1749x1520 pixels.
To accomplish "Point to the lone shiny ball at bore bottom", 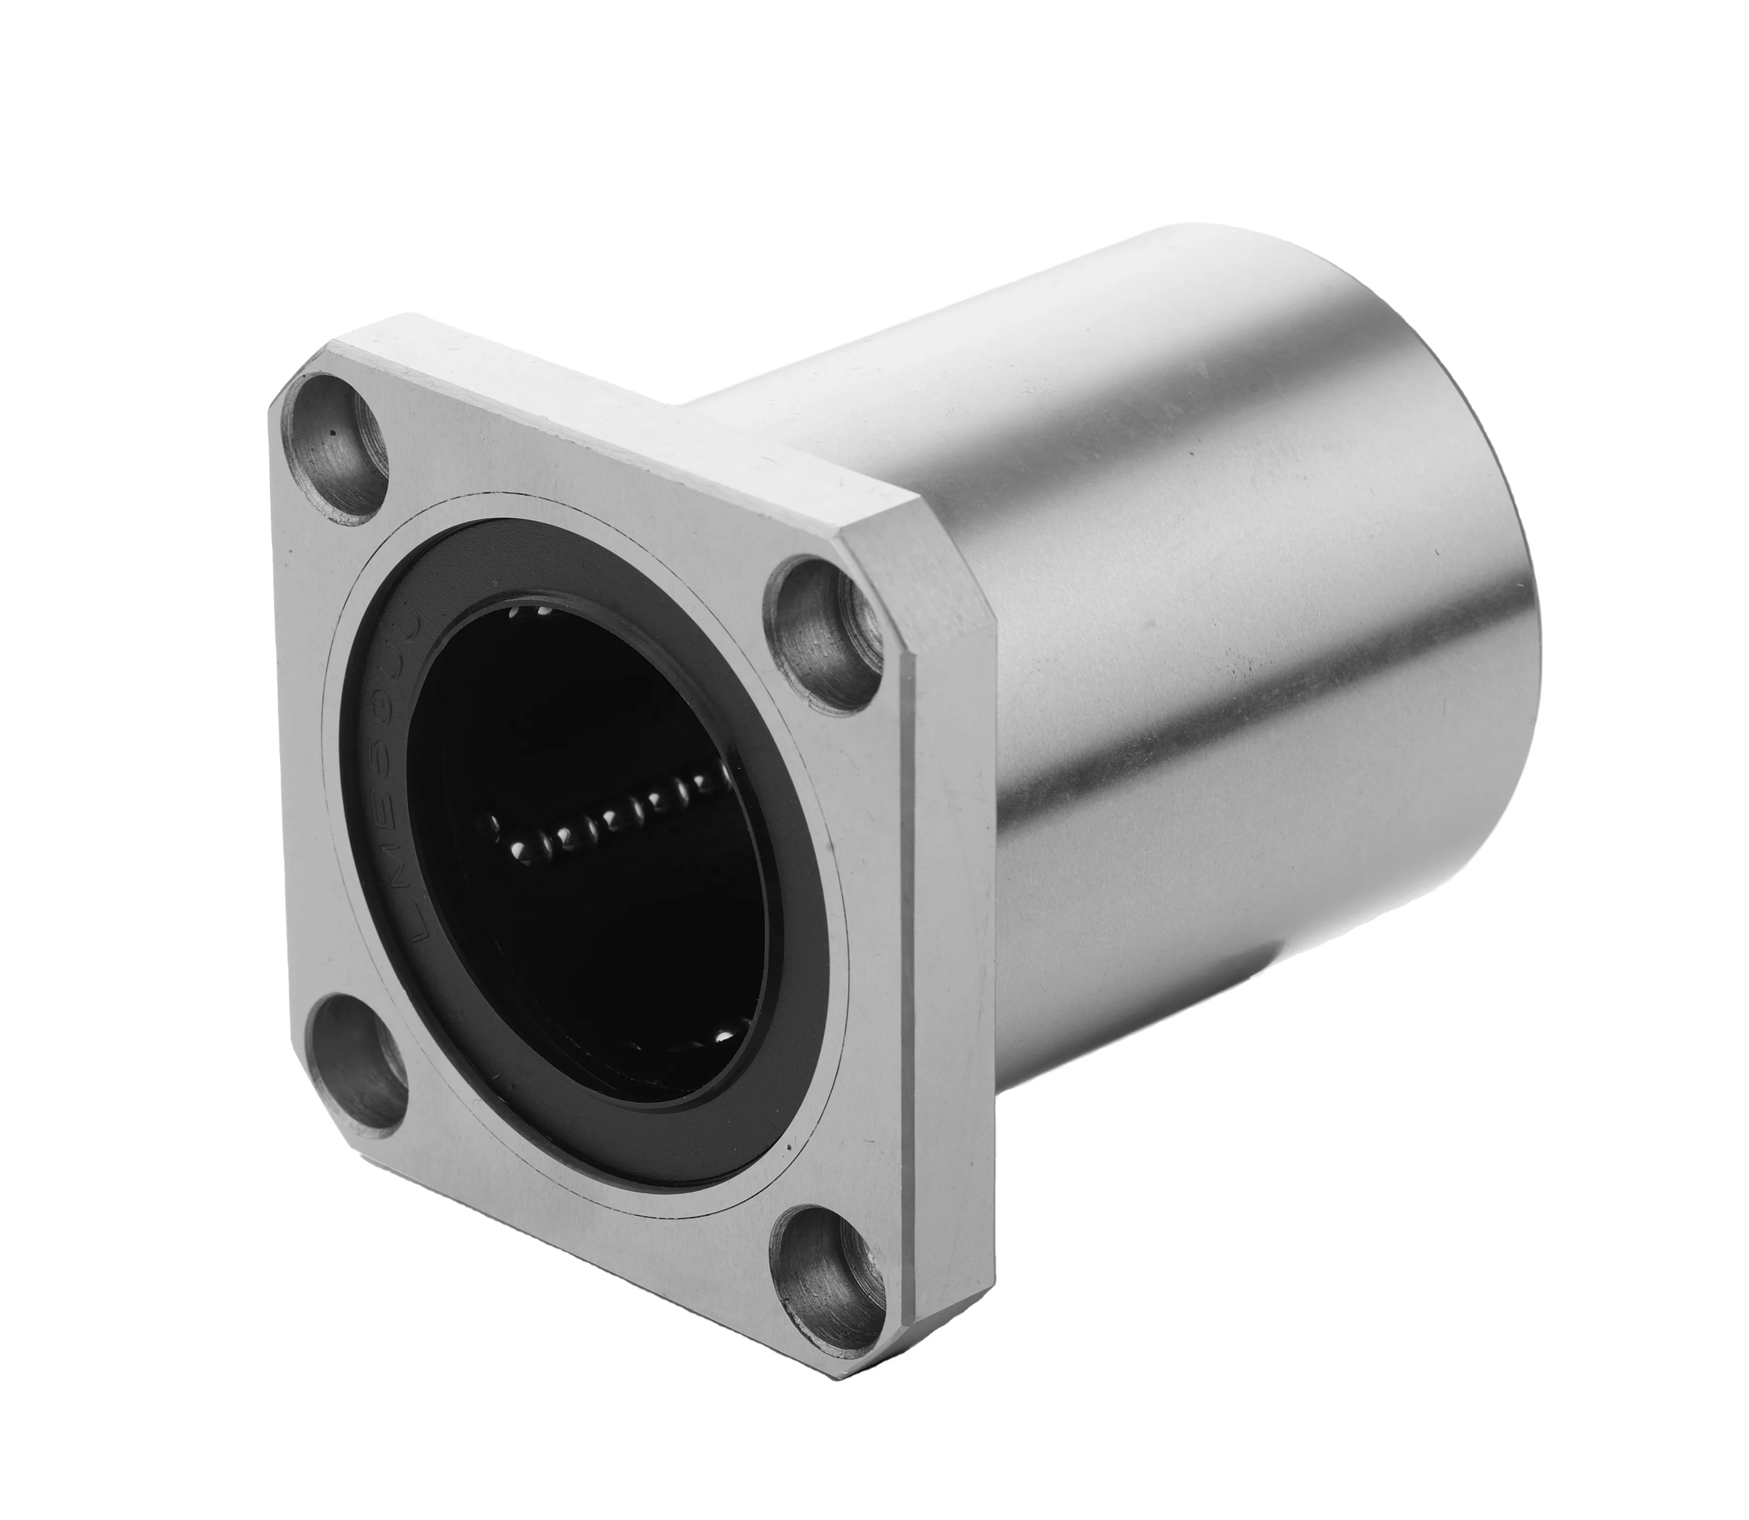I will click(x=724, y=1037).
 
